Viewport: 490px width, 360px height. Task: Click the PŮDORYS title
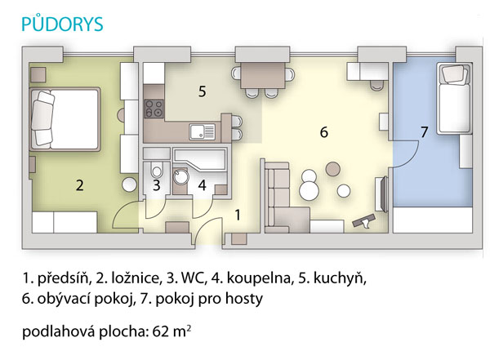[62, 24]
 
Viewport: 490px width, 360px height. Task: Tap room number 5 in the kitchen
[203, 91]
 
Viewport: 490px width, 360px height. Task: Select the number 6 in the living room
[323, 132]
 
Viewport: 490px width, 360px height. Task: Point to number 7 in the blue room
[424, 132]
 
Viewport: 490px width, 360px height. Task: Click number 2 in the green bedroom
[80, 185]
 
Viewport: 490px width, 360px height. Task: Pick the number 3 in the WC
[157, 185]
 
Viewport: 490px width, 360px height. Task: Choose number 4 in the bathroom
[203, 185]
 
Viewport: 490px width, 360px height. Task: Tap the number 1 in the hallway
[238, 215]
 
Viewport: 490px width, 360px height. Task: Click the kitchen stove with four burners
[154, 109]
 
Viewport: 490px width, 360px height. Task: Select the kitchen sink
[203, 131]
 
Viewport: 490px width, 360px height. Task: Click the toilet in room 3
[157, 170]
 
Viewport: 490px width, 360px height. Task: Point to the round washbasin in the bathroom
[180, 177]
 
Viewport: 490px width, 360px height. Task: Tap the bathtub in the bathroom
[200, 159]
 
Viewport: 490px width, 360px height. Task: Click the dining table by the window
[263, 75]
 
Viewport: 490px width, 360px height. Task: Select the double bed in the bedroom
[65, 119]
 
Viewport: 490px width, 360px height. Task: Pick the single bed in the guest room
[454, 99]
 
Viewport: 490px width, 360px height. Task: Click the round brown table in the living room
[333, 169]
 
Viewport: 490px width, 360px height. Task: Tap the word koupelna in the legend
[259, 278]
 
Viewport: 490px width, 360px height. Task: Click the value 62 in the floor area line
[161, 331]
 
